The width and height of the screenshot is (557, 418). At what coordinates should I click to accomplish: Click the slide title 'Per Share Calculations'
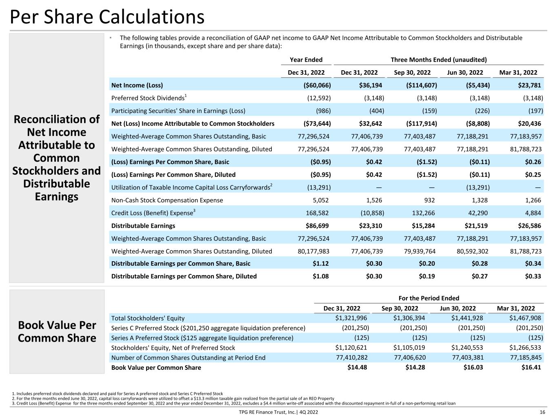click(x=107, y=17)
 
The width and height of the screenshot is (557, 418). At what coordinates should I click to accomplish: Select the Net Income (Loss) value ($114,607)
click(x=422, y=85)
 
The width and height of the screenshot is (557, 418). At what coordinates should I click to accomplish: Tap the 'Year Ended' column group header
click(x=306, y=60)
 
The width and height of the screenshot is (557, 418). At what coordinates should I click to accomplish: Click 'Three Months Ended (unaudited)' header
click(x=439, y=60)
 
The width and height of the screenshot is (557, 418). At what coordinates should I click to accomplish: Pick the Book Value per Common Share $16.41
click(x=531, y=367)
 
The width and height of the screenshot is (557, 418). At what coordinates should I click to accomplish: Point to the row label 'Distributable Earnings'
click(x=143, y=226)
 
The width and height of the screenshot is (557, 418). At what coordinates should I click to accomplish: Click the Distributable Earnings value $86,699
click(x=317, y=226)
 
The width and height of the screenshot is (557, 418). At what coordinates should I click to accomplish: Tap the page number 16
click(x=542, y=412)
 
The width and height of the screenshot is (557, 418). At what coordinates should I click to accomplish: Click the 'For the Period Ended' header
click(x=429, y=298)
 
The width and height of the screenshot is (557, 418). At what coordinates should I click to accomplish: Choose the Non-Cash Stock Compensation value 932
click(x=429, y=200)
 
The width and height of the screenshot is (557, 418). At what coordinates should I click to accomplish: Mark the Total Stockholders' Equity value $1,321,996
click(x=351, y=318)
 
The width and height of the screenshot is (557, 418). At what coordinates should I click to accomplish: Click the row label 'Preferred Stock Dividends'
click(x=148, y=98)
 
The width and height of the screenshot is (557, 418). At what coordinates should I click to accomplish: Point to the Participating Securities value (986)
click(x=323, y=111)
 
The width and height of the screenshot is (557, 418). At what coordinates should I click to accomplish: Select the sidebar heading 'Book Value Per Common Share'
click(x=57, y=331)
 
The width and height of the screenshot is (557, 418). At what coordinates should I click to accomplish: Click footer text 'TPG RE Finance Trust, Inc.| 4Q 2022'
click(x=278, y=412)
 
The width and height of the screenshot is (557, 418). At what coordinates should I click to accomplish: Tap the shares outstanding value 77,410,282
click(x=352, y=358)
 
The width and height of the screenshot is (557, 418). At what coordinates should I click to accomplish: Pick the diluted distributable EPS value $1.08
click(x=320, y=276)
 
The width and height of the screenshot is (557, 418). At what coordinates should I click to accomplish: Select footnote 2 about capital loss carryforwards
click(x=173, y=398)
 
